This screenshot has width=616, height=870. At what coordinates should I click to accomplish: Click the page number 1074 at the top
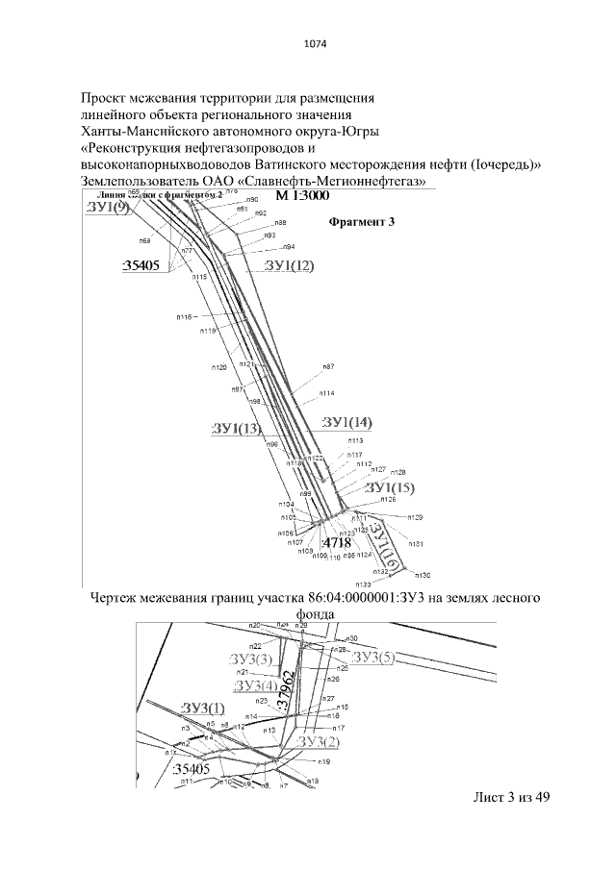[308, 42]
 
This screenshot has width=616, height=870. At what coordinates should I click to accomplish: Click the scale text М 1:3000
[303, 195]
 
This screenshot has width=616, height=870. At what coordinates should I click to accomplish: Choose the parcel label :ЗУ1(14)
[346, 423]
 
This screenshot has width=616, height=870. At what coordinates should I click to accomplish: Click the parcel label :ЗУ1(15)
[388, 488]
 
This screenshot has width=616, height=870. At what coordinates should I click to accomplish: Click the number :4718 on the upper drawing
[336, 544]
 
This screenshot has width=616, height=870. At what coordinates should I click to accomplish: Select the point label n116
[185, 316]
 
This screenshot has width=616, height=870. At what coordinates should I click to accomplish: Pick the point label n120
[219, 367]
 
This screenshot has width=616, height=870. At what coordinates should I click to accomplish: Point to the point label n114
[327, 393]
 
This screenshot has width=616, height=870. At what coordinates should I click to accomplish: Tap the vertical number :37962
[285, 690]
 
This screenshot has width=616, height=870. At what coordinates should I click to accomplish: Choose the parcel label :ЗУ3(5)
[373, 657]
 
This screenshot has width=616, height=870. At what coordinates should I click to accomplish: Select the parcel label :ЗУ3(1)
[201, 709]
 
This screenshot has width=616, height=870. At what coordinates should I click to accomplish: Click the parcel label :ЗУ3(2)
[319, 741]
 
